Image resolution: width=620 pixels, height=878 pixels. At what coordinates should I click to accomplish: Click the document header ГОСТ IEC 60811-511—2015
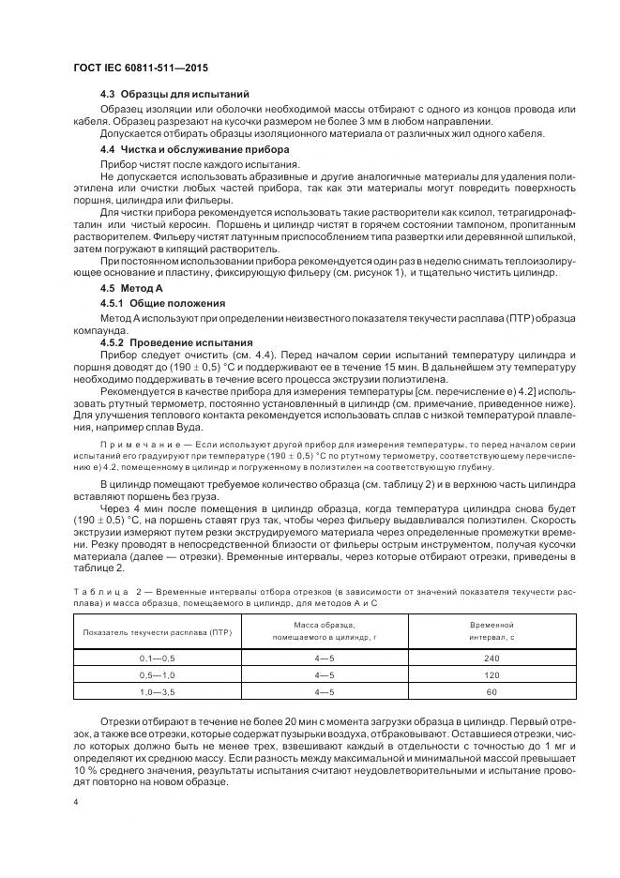coord(141,68)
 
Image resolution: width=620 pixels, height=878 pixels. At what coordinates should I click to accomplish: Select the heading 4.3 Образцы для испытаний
coord(174,96)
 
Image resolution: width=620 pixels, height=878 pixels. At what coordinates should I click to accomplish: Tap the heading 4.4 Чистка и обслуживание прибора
coord(195,150)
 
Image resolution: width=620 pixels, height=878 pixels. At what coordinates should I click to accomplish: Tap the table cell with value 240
coord(491,659)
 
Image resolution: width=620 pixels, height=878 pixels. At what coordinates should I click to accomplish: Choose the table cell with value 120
coord(491,675)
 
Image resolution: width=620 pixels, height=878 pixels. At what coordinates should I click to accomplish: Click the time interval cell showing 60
coord(491,691)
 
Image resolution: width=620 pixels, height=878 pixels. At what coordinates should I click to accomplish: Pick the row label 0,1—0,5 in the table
coord(158,659)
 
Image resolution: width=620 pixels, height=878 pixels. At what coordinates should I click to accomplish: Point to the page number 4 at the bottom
coord(75,803)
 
